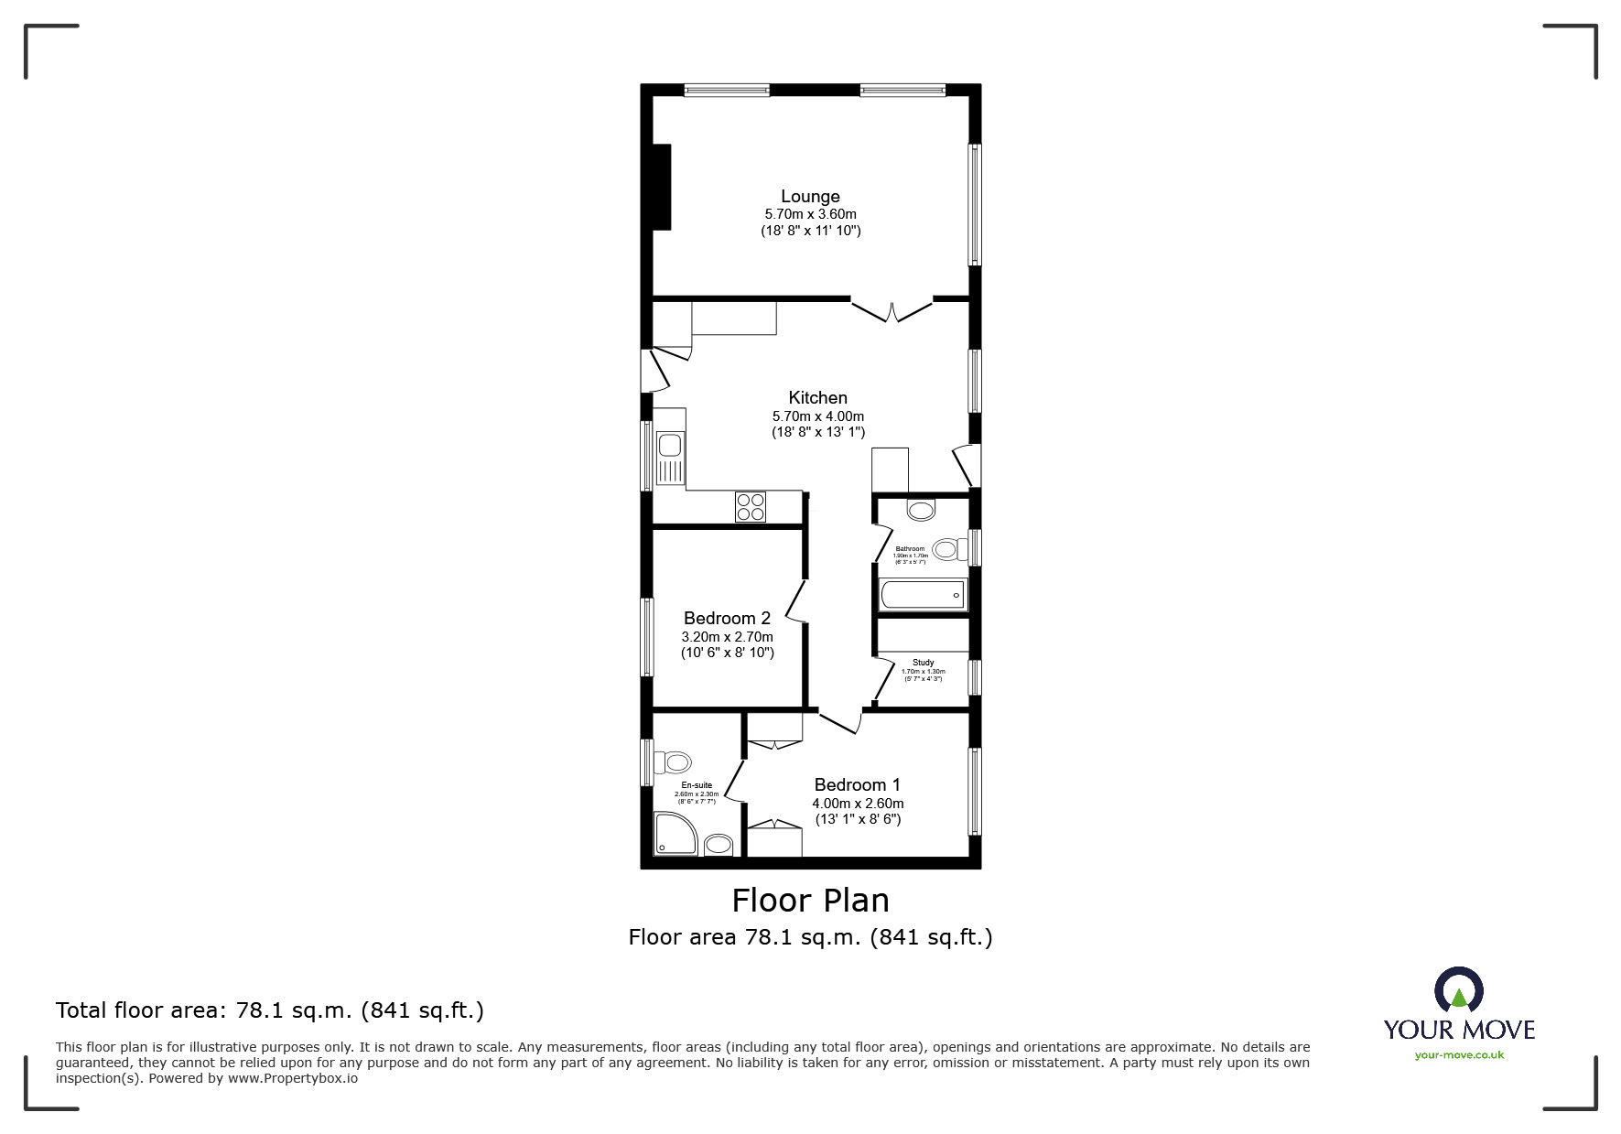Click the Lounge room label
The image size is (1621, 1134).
pyautogui.click(x=810, y=196)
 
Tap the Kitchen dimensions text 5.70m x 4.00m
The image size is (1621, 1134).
pyautogui.click(x=817, y=416)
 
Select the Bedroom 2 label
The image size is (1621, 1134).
pyautogui.click(x=727, y=618)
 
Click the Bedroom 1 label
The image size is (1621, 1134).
pyautogui.click(x=857, y=784)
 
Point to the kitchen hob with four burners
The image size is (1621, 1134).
pyautogui.click(x=751, y=507)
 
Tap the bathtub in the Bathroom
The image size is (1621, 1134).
pyautogui.click(x=922, y=596)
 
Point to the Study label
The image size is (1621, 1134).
pyautogui.click(x=923, y=663)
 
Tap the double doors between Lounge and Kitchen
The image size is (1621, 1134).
pyautogui.click(x=892, y=309)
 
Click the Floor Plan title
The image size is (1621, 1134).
pyautogui.click(x=810, y=901)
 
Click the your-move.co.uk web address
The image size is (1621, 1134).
pyautogui.click(x=1459, y=1055)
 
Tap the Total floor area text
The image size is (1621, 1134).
pyautogui.click(x=269, y=1010)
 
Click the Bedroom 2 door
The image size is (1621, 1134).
pyautogui.click(x=796, y=601)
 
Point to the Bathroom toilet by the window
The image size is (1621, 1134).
pyautogui.click(x=950, y=549)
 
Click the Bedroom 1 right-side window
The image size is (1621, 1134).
pyautogui.click(x=975, y=791)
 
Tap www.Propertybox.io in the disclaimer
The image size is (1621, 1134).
pyautogui.click(x=293, y=1078)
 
